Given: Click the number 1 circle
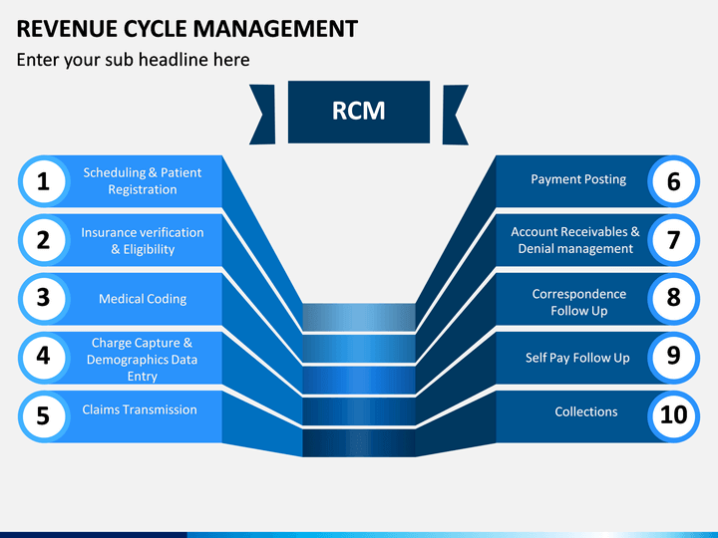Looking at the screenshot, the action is pos(44,181).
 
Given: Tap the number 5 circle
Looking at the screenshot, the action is pos(44,416).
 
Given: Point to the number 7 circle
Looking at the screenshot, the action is pos(673,240).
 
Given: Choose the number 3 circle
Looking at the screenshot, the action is pos(44,299).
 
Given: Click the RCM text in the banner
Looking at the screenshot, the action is pos(359,112).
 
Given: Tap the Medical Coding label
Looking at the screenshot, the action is pos(143,299).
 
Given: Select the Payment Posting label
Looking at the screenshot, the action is pos(578,179).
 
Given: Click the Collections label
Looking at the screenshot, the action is pos(586,411).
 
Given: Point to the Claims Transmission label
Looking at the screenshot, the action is pos(140,409).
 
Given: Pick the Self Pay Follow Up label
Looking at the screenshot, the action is pos(577,358).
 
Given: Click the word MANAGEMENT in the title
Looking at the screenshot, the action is pos(275,29).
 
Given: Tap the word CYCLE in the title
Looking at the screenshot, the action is pos(155,29).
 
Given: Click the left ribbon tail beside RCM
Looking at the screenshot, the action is pos(262,115).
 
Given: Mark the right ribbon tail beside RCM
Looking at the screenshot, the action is pos(455,115).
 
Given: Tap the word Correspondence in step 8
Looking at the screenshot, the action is pos(578,294).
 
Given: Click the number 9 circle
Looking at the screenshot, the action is pos(673,358).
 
